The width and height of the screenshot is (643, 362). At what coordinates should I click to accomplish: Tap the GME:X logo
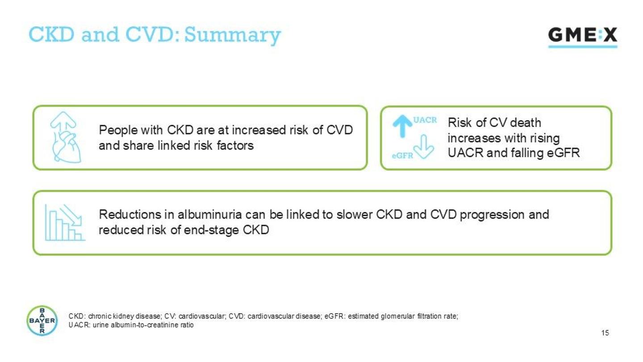click(583, 37)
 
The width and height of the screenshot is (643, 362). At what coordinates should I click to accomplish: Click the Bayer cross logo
click(42, 320)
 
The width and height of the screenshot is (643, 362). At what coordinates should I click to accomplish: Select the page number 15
click(605, 333)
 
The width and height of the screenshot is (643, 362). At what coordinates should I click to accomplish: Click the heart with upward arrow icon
click(66, 137)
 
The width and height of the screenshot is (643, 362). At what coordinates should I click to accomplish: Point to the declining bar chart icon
click(65, 223)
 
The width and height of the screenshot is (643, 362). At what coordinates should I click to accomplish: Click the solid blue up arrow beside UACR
click(402, 126)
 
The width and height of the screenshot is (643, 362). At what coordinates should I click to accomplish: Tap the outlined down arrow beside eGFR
click(424, 147)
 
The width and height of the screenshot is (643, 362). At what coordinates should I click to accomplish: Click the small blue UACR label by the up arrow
click(425, 120)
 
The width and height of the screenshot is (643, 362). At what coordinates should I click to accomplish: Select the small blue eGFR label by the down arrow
click(402, 156)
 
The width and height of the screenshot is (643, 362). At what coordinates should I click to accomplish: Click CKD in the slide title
click(51, 34)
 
